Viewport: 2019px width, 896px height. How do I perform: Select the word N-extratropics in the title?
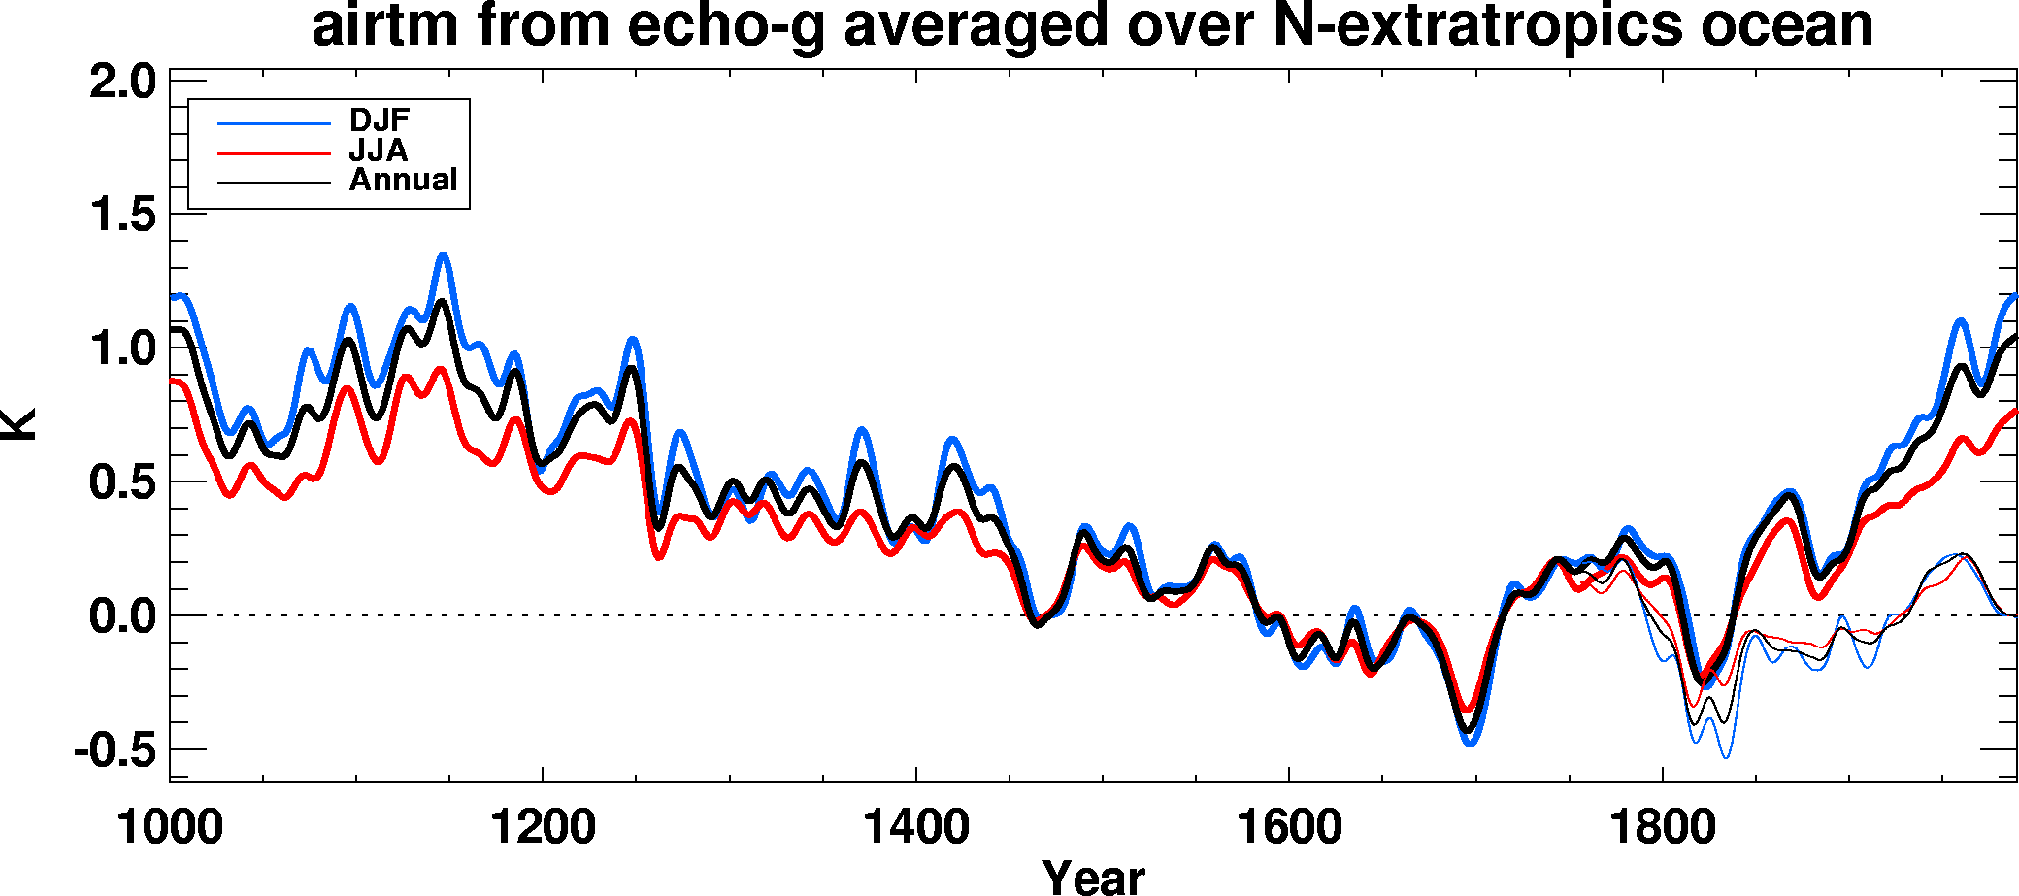1476,25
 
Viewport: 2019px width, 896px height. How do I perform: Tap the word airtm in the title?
384,25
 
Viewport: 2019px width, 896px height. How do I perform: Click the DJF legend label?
380,120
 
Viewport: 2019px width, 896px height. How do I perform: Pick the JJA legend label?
378,150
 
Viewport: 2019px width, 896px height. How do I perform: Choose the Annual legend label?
403,180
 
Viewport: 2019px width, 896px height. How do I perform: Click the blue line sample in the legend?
275,123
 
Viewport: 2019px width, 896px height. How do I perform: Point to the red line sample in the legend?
275,153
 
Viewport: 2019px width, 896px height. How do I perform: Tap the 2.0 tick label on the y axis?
122,82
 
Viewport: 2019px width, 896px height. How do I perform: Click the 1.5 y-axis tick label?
122,215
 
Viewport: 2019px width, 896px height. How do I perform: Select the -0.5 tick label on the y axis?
115,750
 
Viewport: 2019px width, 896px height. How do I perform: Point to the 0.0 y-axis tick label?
122,616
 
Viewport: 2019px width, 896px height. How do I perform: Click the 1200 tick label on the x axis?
543,828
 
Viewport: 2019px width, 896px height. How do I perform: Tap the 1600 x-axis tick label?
1289,828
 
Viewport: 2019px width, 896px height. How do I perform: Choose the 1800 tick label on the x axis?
1663,828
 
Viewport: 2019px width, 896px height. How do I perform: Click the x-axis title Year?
1093,876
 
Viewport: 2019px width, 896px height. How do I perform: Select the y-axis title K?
19,424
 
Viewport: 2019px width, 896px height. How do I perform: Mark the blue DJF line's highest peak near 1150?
444,255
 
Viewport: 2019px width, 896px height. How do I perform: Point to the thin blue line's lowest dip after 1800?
1725,757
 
